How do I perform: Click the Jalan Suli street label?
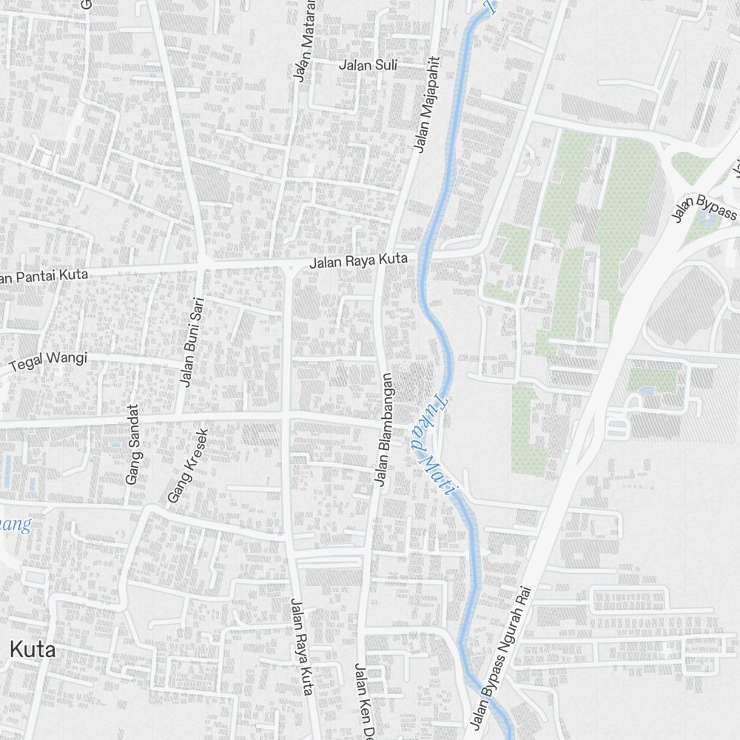point(368,65)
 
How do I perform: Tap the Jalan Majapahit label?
point(426,105)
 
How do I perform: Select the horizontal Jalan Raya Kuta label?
point(358,260)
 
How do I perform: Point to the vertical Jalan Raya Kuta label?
point(302,646)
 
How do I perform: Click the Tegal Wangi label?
point(48,361)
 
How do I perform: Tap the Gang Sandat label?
point(132,444)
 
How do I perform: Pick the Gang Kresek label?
point(188,466)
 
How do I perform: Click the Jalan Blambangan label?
point(386,430)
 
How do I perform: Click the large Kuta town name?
point(33,650)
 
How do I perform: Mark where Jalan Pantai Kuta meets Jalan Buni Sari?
point(202,261)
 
